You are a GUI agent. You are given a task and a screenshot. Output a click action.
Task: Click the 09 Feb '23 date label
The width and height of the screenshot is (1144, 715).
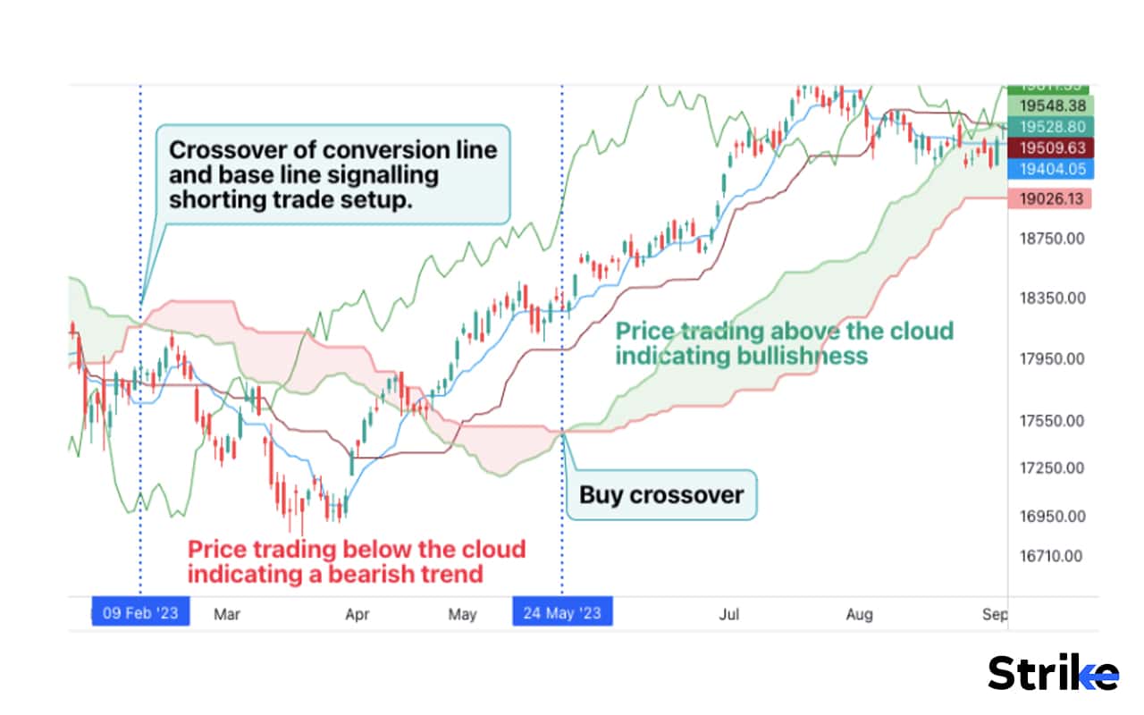coord(140,614)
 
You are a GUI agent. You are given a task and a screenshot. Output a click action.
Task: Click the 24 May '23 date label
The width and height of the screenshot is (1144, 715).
coord(562,614)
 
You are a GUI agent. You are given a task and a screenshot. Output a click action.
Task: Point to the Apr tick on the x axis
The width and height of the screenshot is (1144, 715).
coord(357,615)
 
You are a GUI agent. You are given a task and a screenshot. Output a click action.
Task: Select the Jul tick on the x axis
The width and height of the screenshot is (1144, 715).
coord(729,615)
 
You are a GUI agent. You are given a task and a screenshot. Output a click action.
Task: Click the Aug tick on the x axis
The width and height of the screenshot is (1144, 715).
coord(859,615)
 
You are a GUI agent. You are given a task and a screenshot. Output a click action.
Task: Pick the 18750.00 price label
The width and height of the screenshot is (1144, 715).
coord(1052,239)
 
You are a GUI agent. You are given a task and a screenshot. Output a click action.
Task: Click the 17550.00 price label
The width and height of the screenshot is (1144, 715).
coord(1052,421)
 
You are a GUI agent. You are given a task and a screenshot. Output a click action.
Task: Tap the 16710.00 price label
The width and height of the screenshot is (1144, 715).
coord(1052,556)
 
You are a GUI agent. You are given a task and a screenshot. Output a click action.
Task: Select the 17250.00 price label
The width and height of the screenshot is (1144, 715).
coord(1052,468)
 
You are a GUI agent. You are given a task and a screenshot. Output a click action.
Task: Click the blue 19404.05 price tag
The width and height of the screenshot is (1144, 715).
coord(1050,169)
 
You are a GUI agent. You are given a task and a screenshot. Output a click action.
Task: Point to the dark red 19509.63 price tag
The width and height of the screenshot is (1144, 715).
coord(1050,147)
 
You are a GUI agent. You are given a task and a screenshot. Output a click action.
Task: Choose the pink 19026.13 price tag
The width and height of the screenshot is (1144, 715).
coord(1050,198)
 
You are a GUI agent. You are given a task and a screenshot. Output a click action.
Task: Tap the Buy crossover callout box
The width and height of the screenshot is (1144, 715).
coord(661,495)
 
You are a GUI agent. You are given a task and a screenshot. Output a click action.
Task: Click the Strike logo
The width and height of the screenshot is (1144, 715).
coord(1053,673)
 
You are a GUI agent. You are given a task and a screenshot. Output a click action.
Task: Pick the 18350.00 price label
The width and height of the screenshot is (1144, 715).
coord(1052,298)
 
